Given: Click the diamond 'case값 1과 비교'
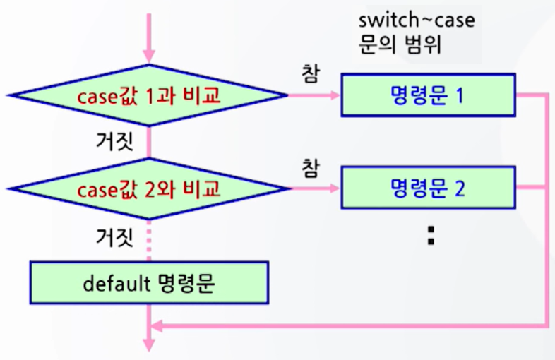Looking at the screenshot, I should pos(148,95).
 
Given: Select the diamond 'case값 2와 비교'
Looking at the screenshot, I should pos(148,188).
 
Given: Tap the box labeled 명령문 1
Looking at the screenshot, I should pos(427,95).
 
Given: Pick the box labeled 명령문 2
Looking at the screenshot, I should pos(427,188).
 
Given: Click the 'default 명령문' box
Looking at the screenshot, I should pos(148,284).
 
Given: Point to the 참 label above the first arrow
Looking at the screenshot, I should pos(309,73).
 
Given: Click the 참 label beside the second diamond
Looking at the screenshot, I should pos(309,167).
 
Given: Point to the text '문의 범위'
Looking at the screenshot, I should pos(399,46).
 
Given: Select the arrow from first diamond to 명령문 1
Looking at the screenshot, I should pos(314,95).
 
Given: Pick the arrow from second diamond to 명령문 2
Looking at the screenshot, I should pos(314,188).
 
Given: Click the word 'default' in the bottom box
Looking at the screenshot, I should pos(109,284).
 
